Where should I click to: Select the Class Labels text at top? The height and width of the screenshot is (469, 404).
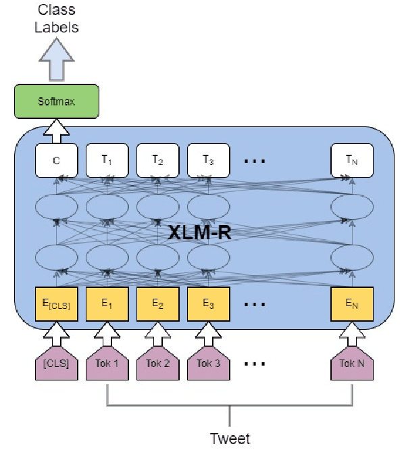57,20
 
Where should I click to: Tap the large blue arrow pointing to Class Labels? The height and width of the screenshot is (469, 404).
57,60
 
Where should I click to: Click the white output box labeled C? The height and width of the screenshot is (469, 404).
57,160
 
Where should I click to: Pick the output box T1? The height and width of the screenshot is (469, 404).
107,160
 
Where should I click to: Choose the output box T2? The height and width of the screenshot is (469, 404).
157,160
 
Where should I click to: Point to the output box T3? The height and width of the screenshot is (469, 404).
208,160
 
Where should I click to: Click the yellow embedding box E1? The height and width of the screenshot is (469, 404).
107,303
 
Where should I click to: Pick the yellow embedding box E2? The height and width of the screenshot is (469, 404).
157,303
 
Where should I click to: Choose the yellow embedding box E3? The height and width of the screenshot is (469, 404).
208,303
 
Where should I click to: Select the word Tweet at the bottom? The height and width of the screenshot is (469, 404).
230,439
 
